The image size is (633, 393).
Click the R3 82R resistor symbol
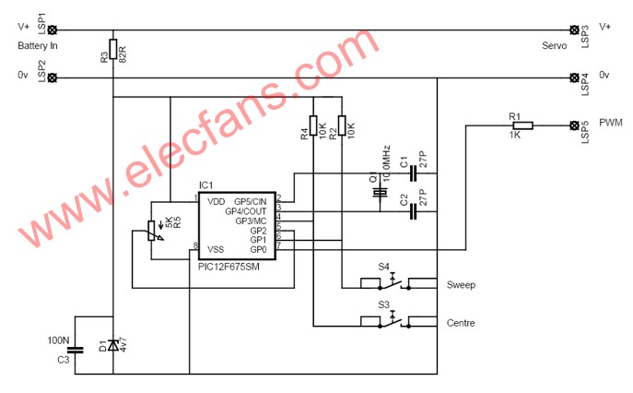(113, 49)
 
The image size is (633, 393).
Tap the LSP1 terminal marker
(53, 30)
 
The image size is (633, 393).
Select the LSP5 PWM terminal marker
(574, 125)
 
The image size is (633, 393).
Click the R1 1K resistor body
(522, 125)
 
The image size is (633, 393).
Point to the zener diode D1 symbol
(113, 345)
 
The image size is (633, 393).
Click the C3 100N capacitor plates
(75, 351)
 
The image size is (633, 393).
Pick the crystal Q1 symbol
(380, 193)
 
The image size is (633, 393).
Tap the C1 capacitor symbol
(413, 173)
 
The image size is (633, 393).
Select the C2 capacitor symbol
(413, 211)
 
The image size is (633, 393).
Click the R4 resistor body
(313, 125)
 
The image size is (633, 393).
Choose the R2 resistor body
(342, 125)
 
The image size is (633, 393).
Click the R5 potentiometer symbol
(151, 232)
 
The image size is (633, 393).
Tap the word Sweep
(461, 285)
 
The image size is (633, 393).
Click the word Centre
(461, 323)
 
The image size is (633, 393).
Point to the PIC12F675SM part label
(229, 267)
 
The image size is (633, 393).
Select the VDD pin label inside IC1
(216, 201)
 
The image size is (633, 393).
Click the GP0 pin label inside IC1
(258, 249)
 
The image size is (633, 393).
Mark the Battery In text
(38, 46)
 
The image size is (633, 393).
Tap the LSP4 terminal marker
(574, 77)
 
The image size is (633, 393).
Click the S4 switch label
(383, 267)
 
